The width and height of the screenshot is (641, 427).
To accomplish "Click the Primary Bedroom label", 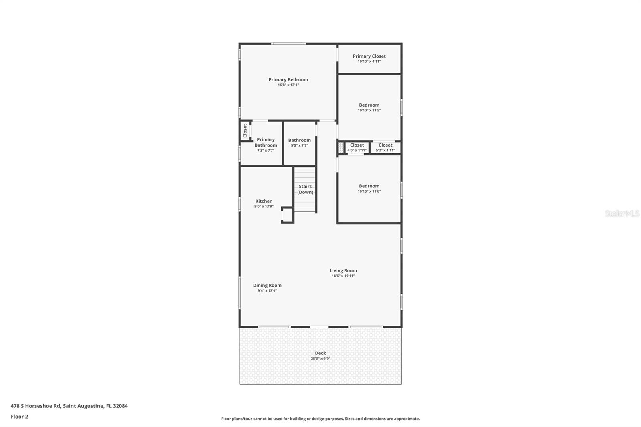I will coord(288,79).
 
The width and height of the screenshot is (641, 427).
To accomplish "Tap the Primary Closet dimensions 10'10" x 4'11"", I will coord(369,62).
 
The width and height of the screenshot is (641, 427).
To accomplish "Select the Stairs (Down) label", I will coord(305,189).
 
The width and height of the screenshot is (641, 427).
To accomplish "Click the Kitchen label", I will coord(264,201).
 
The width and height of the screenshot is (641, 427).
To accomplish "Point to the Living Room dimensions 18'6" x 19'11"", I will coord(343,276).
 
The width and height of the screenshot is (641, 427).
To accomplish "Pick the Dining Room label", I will coord(267,285).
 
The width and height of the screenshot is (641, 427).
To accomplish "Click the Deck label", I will coord(320,353).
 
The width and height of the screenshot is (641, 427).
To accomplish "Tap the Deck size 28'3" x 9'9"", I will coord(320,359).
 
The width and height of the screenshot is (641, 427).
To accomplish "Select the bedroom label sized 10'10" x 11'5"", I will coord(369,105).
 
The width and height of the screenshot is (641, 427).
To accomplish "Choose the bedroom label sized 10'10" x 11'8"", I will coord(369,186).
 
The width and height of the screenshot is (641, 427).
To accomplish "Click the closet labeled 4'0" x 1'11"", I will coord(357,145).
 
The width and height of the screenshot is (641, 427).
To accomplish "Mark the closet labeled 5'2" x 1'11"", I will coord(385,145).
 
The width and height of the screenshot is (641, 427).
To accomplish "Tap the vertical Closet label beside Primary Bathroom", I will coord(245,130).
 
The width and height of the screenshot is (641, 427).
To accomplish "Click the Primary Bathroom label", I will coord(266,142).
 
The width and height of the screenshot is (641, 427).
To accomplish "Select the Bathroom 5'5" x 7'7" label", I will coord(299,140).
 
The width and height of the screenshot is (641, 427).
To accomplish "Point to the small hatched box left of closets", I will coord(341,147).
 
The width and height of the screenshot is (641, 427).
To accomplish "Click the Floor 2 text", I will coord(19,417).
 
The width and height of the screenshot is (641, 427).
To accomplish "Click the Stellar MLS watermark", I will coord(622,214).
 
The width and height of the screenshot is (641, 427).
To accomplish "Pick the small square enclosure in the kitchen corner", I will coord(287,215).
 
